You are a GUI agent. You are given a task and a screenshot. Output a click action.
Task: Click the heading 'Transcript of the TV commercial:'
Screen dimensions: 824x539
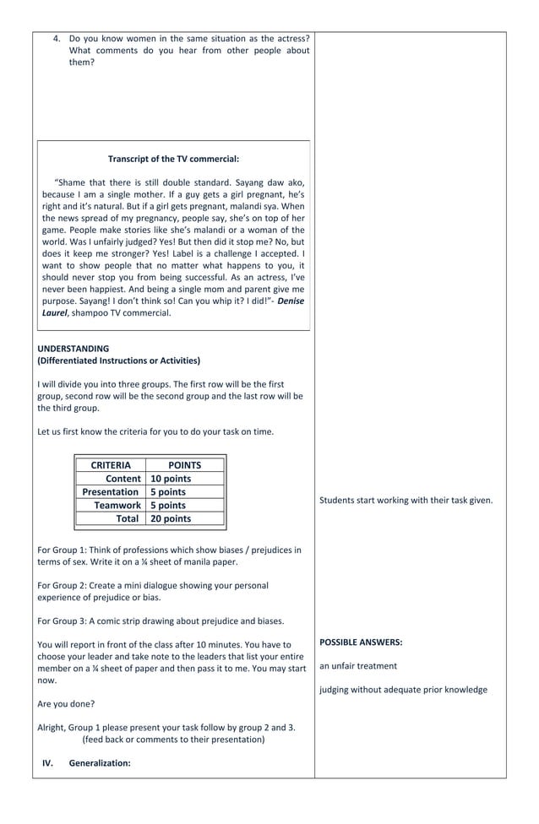(173, 159)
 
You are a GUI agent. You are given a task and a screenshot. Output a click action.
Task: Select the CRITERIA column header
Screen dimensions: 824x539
(111, 465)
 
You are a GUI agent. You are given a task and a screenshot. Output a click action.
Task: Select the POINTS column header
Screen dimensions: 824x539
(184, 465)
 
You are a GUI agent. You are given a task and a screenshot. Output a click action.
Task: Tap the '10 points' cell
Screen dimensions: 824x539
(171, 479)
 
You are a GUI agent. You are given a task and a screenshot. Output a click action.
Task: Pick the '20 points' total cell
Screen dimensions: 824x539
(171, 519)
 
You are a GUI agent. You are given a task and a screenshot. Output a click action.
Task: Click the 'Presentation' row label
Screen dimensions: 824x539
(111, 492)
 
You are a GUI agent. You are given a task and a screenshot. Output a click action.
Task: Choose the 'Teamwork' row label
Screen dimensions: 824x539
(117, 506)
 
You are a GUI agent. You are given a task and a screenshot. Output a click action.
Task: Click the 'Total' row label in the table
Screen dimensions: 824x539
(128, 519)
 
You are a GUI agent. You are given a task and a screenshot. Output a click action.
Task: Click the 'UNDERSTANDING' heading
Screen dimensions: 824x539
(73, 349)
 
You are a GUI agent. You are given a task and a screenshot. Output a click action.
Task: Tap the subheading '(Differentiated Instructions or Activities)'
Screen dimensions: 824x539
(119, 360)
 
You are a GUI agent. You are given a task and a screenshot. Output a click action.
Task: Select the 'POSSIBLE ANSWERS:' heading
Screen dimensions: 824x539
(361, 642)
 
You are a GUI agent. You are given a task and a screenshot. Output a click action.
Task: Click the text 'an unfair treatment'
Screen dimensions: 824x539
(358, 666)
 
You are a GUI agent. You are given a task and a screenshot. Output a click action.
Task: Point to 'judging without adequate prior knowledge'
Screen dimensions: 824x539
(403, 690)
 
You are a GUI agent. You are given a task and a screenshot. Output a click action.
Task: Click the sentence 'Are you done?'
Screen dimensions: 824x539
(66, 704)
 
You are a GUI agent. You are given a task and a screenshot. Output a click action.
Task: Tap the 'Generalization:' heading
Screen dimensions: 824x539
(100, 763)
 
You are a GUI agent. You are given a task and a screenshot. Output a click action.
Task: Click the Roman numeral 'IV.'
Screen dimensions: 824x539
(48, 763)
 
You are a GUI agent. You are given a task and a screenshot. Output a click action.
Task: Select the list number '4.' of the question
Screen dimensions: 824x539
(57, 39)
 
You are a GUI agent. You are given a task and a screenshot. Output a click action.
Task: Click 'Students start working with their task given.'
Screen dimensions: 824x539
(406, 501)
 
